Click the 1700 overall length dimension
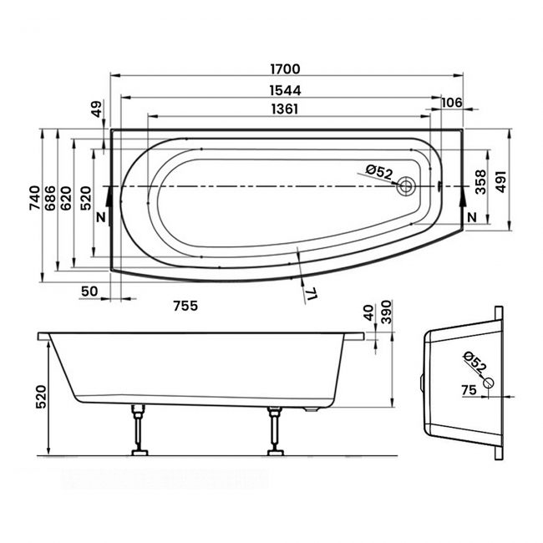pos(286,69)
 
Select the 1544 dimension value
pos(285,89)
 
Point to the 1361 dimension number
pos(285,109)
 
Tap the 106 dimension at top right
pos(451,102)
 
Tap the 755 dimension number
pos(185,306)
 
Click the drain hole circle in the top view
pos(407,186)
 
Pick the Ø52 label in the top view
pos(378,172)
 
